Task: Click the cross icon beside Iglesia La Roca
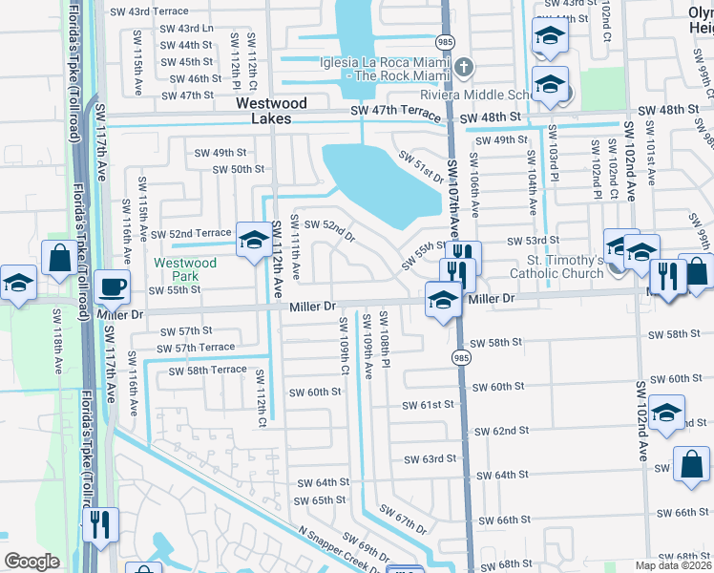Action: pyautogui.click(x=464, y=66)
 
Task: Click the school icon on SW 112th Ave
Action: pyautogui.click(x=254, y=240)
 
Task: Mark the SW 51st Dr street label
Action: pyautogui.click(x=421, y=167)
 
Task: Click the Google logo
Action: pyautogui.click(x=31, y=562)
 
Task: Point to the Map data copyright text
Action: pyautogui.click(x=673, y=565)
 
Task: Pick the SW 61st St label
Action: pyautogui.click(x=426, y=405)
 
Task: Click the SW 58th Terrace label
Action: pyautogui.click(x=207, y=370)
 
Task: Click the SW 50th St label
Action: pyautogui.click(x=237, y=170)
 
